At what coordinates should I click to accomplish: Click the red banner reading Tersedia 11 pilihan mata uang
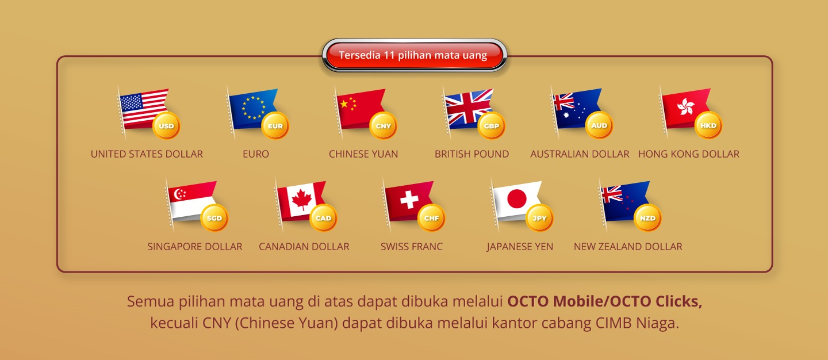(x=413, y=55)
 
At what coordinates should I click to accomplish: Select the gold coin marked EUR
(x=275, y=126)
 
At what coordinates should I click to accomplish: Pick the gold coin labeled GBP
(x=492, y=126)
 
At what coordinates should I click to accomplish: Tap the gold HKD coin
(x=708, y=125)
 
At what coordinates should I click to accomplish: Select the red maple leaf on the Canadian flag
(x=301, y=200)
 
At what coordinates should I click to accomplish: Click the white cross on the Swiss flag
(x=409, y=200)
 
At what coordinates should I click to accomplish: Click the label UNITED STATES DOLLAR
(x=147, y=154)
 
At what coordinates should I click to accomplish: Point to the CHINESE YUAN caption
(x=363, y=154)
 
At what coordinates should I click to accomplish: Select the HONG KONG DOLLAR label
(x=689, y=154)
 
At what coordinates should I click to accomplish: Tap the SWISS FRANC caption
(x=412, y=247)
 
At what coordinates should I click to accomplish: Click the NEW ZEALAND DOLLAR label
(x=628, y=247)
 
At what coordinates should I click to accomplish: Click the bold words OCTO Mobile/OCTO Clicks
(x=604, y=301)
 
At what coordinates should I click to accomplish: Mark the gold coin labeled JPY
(x=540, y=218)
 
